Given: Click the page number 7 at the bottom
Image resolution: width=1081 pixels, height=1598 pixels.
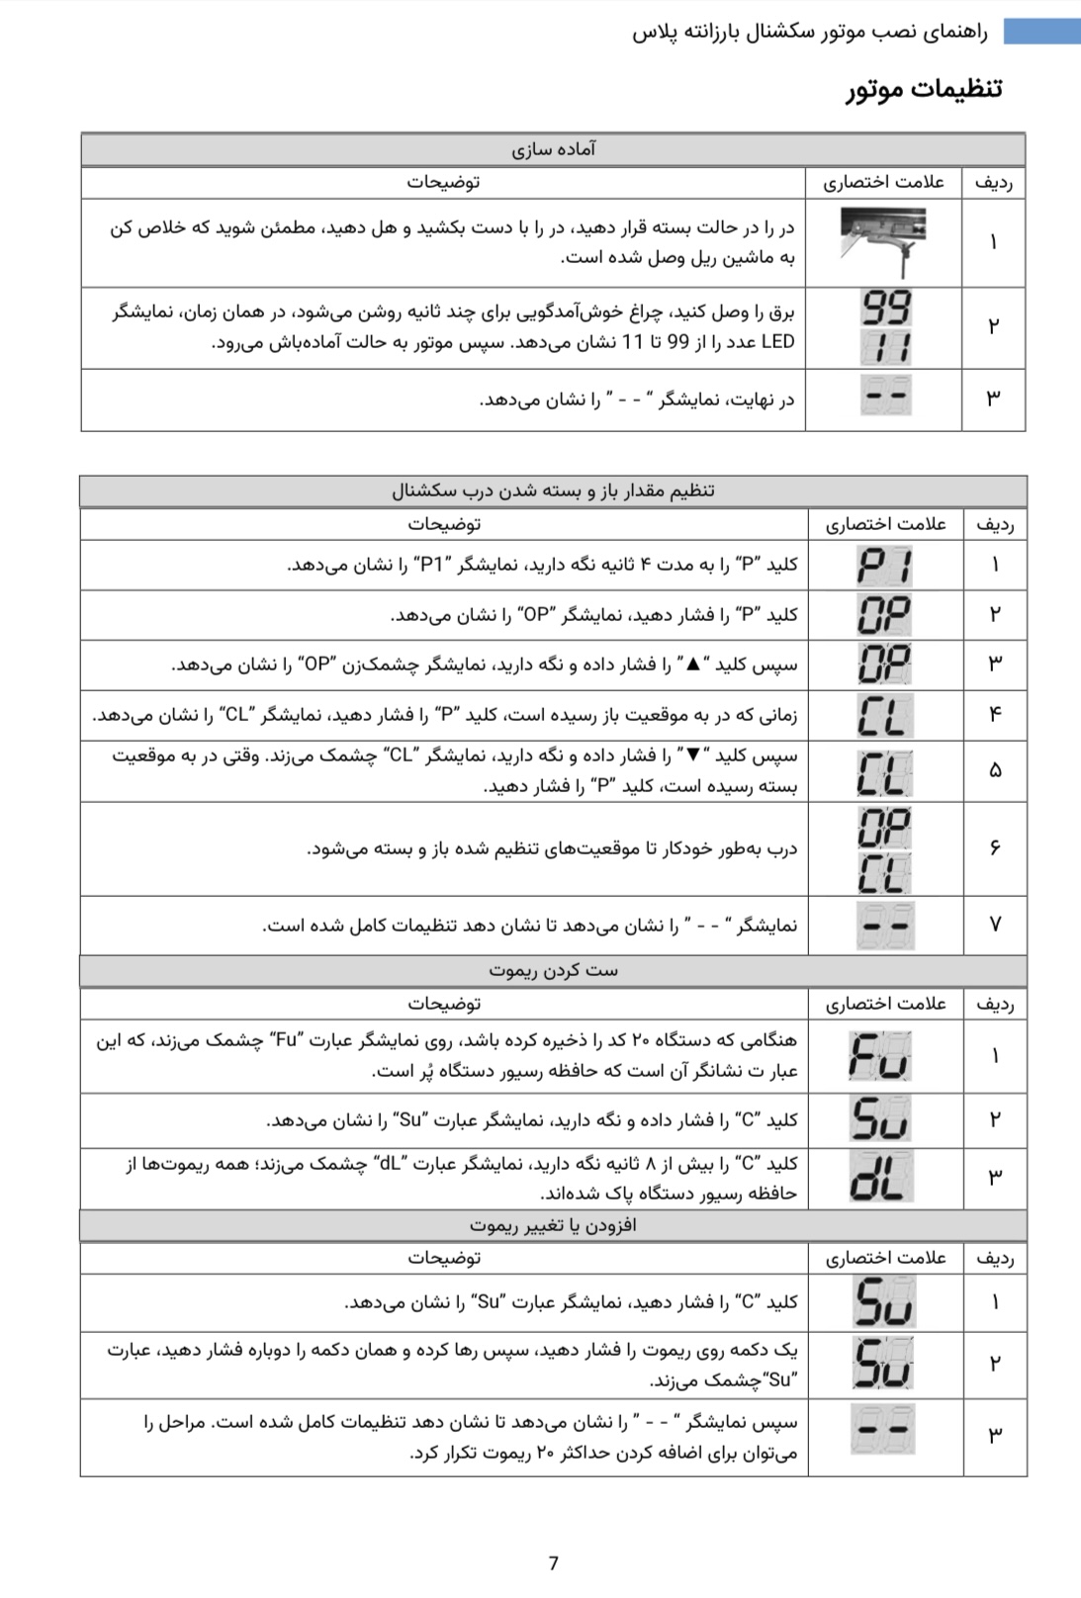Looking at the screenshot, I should click(x=553, y=1562).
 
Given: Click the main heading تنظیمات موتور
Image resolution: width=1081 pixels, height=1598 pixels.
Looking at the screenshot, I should click(x=924, y=88).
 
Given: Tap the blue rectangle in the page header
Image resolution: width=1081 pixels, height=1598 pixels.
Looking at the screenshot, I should click(x=1041, y=32).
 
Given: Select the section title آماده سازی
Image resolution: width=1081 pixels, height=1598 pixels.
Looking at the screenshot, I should click(x=553, y=149).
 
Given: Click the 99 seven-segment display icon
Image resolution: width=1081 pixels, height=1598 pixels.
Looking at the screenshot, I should click(x=885, y=308).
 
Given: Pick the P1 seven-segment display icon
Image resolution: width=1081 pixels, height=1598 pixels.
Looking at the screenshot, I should click(x=884, y=566).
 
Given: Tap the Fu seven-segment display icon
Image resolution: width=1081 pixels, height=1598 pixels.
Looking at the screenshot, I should click(x=880, y=1056).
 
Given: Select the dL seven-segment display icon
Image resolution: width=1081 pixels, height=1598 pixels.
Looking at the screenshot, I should click(x=880, y=1177).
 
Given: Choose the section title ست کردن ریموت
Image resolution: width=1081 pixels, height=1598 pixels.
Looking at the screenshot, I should click(x=553, y=970).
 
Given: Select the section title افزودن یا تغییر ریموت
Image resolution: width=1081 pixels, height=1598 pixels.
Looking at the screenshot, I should click(x=553, y=1225).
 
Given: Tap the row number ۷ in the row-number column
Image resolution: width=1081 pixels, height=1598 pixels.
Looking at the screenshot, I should click(x=995, y=924).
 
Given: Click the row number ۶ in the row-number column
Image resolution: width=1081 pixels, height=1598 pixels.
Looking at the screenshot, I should click(x=995, y=847).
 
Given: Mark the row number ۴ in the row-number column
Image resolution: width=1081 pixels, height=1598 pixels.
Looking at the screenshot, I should click(x=995, y=713).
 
